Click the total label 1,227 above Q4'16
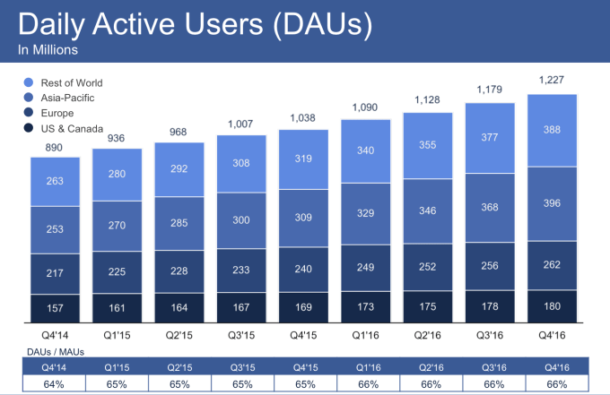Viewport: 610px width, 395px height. (552, 80)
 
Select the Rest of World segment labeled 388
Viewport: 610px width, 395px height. (552, 129)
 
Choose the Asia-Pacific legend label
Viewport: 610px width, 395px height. (67, 98)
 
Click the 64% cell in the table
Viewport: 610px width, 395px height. (56, 382)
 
